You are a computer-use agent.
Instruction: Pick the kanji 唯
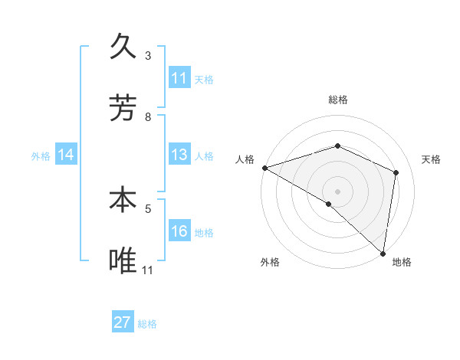point(124,260)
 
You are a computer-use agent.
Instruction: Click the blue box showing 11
point(179,78)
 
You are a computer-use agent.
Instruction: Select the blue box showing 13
point(179,155)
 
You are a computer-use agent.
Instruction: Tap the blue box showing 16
point(179,231)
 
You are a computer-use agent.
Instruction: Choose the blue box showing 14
point(66,155)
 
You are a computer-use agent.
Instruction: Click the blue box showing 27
point(123,322)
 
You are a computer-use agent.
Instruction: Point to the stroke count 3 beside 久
point(148,55)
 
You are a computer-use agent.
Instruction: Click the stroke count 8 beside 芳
point(148,116)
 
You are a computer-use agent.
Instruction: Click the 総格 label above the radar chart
point(338,100)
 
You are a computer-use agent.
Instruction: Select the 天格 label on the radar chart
point(431,159)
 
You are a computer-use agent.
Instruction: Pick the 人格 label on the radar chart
point(245,159)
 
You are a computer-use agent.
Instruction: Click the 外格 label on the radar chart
point(269,262)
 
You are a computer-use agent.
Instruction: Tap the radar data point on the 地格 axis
point(383,253)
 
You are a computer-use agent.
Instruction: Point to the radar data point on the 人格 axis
point(264,168)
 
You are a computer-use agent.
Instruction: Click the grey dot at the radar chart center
point(338,191)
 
